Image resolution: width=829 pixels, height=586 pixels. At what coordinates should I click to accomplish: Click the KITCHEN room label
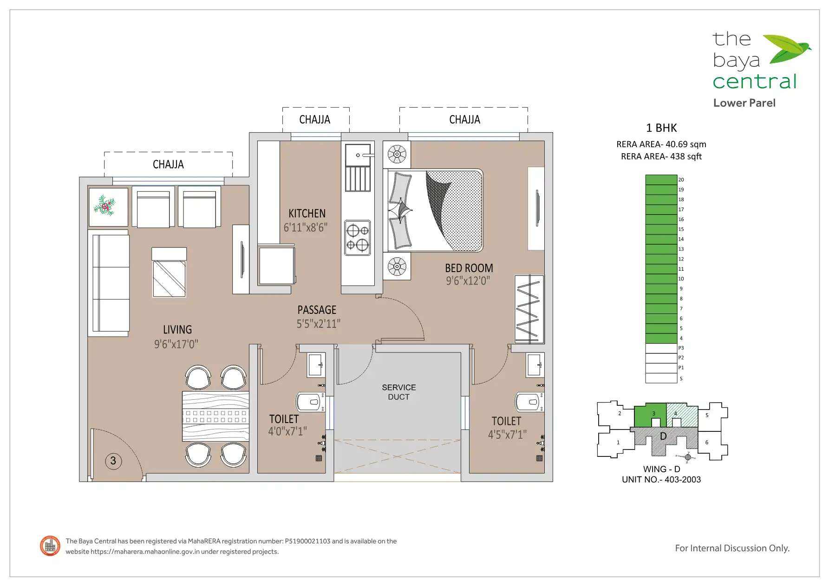(307, 214)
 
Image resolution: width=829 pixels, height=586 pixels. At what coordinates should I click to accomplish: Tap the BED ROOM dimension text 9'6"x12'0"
(468, 281)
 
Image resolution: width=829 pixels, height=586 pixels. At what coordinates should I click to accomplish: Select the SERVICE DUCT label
(399, 392)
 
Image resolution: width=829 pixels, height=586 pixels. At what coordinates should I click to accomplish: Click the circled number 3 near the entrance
(113, 461)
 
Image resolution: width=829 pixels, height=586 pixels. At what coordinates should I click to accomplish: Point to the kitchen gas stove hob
(358, 238)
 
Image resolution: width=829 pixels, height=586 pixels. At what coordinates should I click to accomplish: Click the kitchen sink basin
(358, 155)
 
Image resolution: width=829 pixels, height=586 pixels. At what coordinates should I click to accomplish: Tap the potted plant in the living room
(105, 205)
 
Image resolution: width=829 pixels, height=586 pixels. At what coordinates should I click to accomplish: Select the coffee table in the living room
(169, 273)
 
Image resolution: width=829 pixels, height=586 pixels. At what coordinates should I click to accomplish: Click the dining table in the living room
(215, 417)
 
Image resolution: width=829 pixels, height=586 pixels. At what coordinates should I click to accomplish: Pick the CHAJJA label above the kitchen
(315, 120)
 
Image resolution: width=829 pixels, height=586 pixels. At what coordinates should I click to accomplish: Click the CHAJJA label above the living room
(168, 164)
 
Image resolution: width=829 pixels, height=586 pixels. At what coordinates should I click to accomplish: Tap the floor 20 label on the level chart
(681, 180)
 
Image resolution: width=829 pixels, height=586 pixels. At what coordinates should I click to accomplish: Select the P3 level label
(681, 348)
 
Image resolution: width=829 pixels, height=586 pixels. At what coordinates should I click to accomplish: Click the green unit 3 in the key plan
(650, 415)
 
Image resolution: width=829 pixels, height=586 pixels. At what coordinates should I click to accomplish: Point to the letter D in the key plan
(663, 436)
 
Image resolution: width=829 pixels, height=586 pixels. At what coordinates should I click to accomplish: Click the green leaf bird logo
(787, 49)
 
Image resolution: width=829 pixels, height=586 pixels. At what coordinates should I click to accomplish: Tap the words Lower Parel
(744, 103)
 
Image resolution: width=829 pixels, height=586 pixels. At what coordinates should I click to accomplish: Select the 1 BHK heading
(661, 128)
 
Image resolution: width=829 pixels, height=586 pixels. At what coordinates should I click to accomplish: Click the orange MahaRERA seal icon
(50, 546)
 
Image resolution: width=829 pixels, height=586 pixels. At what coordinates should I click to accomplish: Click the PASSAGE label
(317, 310)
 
